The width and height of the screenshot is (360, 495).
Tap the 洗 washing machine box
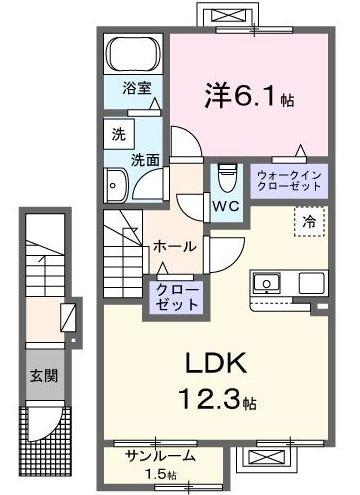(x=116, y=132)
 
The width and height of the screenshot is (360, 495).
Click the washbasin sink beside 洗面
(x=116, y=184)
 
